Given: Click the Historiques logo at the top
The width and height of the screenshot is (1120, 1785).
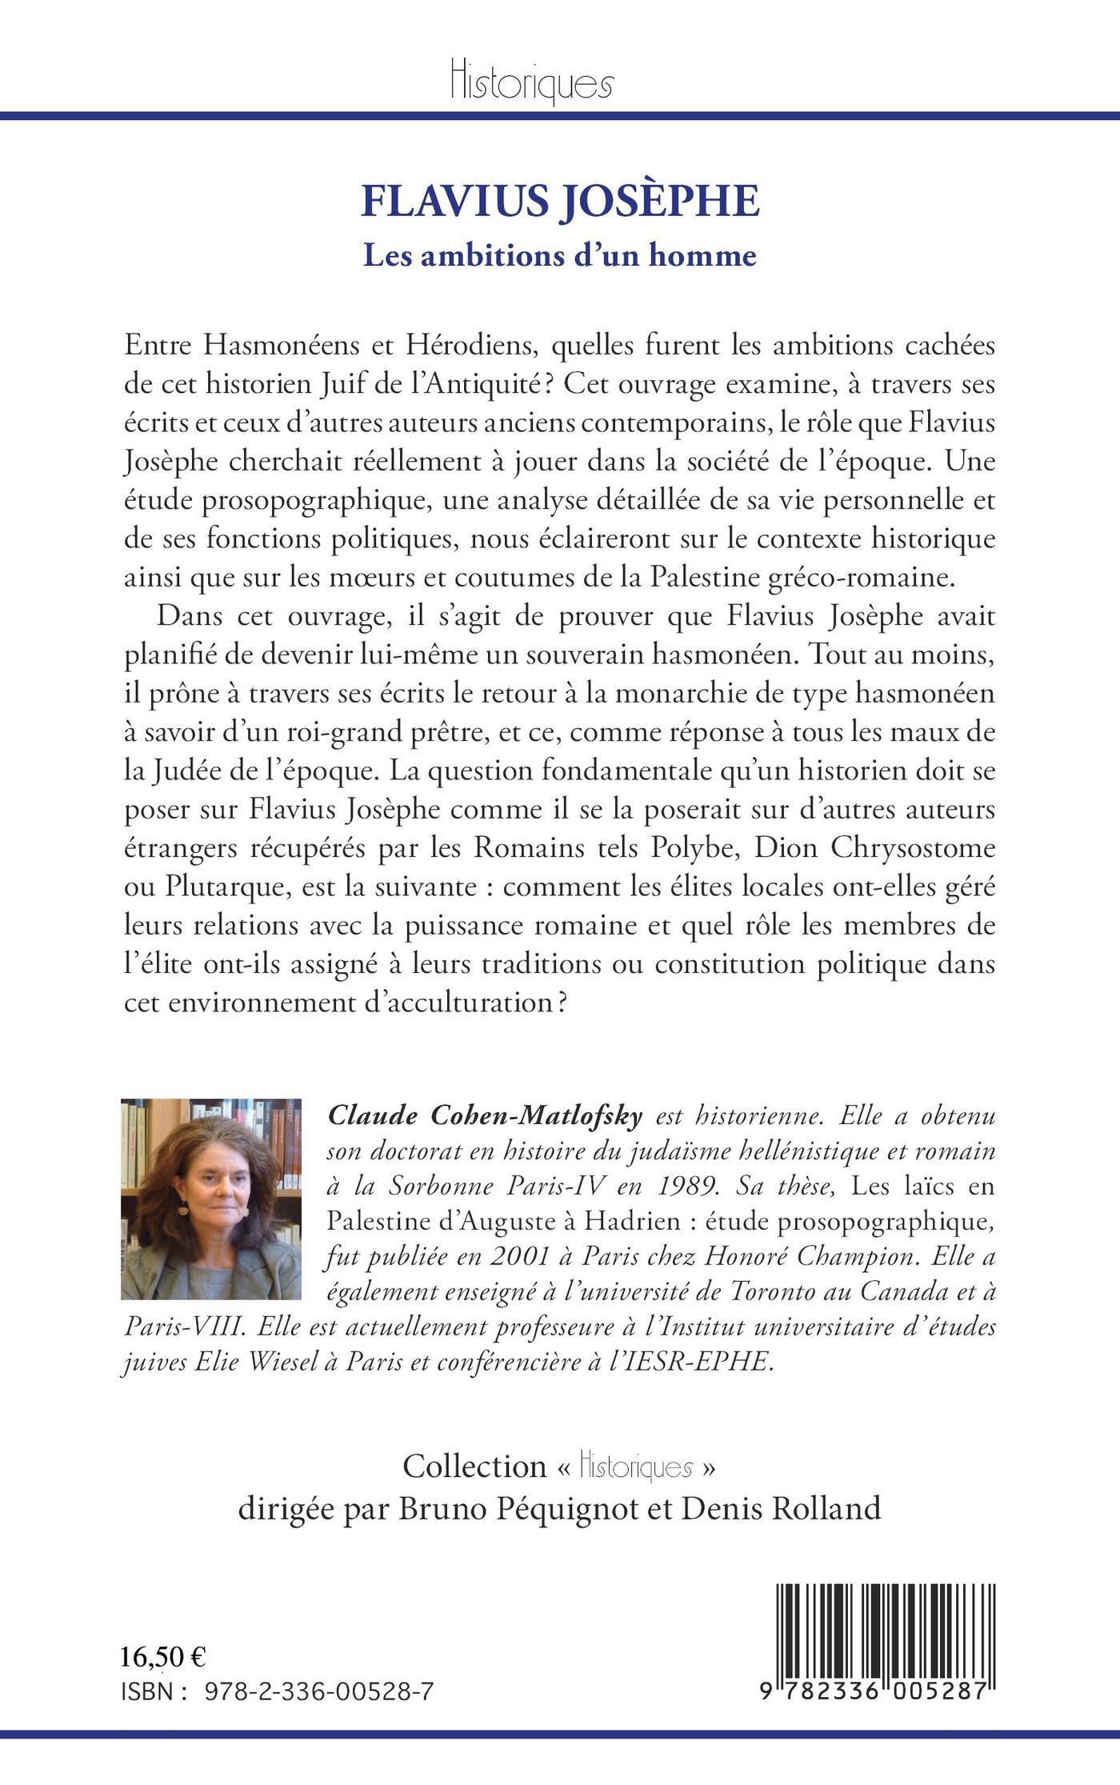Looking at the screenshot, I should [x=532, y=81].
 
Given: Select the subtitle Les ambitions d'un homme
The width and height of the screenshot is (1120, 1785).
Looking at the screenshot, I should [x=560, y=255].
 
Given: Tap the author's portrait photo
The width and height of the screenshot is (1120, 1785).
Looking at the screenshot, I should [x=211, y=1199].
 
